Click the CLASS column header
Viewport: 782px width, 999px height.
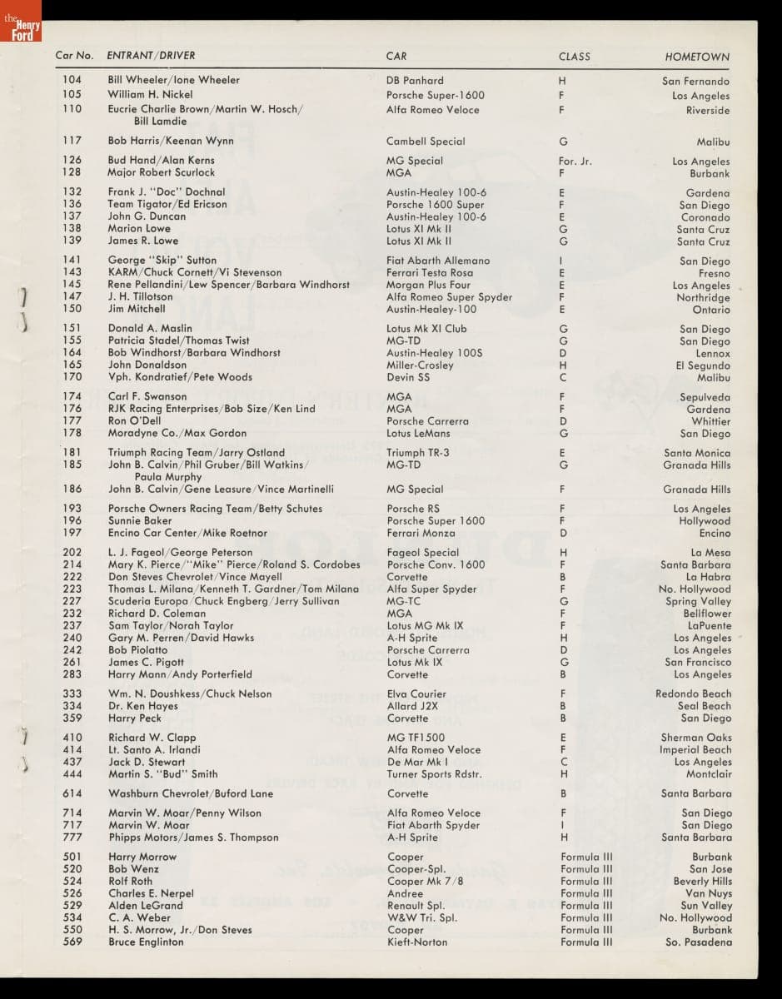pyautogui.click(x=574, y=57)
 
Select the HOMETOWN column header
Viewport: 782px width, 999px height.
pyautogui.click(x=696, y=57)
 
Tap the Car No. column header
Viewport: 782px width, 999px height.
pyautogui.click(x=74, y=56)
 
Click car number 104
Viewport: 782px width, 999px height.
pyautogui.click(x=72, y=80)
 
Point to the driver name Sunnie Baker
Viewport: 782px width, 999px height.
pyautogui.click(x=140, y=520)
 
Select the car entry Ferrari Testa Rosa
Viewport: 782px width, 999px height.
pyautogui.click(x=429, y=272)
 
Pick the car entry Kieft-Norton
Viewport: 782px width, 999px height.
pyautogui.click(x=416, y=942)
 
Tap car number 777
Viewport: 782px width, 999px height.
pyautogui.click(x=72, y=837)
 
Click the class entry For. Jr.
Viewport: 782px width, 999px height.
pyautogui.click(x=575, y=161)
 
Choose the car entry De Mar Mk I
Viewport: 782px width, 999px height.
pyautogui.click(x=418, y=762)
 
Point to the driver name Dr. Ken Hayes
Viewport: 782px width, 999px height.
pyautogui.click(x=142, y=706)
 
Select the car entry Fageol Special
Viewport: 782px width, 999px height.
pyautogui.click(x=422, y=552)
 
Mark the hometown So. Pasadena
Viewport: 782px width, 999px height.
pyautogui.click(x=699, y=942)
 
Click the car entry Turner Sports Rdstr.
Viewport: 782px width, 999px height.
pyautogui.click(x=434, y=774)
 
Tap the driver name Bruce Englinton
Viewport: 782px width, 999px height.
pyautogui.click(x=146, y=942)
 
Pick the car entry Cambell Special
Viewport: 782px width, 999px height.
pyautogui.click(x=426, y=142)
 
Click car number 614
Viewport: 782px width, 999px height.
pyautogui.click(x=72, y=793)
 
